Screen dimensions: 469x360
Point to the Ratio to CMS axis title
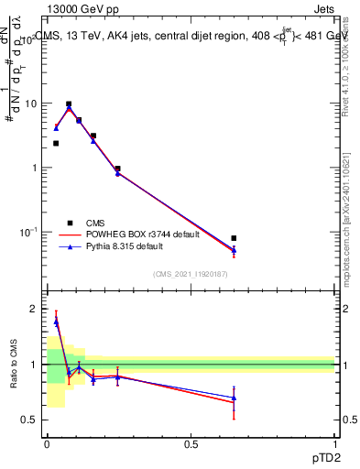point(14,365)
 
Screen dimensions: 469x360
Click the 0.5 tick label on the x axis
point(191,444)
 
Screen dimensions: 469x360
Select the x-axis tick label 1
point(336,444)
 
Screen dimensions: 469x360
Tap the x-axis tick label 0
point(47,444)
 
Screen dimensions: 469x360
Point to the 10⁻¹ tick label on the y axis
point(27,232)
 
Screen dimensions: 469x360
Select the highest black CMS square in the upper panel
point(69,104)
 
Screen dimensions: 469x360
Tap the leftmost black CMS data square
point(56,143)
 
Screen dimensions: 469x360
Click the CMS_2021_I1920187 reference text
point(190,273)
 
